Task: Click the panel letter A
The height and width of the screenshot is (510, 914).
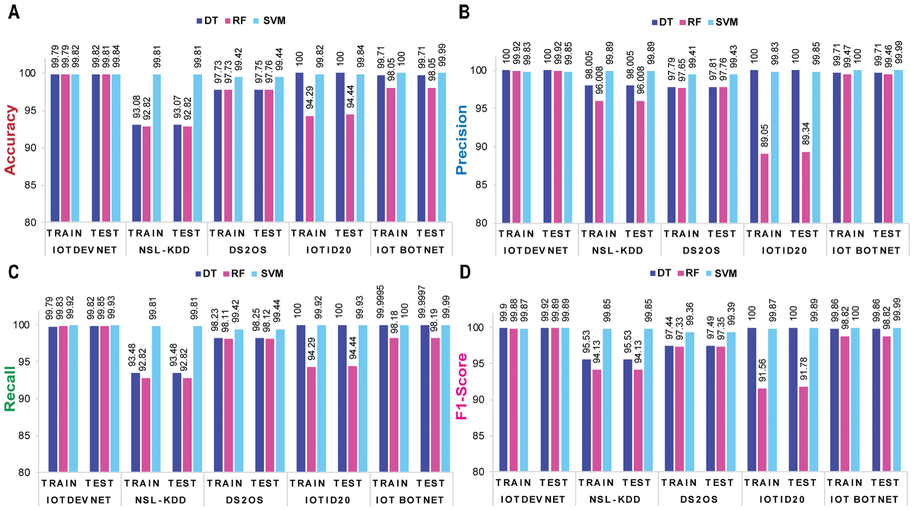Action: (14, 12)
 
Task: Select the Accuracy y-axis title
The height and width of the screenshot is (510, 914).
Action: (10, 140)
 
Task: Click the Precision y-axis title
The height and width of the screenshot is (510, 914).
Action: (462, 140)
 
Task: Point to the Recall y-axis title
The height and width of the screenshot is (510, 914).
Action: (10, 388)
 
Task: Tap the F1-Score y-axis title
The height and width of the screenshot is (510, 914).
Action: (462, 386)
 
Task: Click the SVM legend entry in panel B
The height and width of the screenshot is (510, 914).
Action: (723, 22)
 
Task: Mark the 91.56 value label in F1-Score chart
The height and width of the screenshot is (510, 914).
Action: (762, 371)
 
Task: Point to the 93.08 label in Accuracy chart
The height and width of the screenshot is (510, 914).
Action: (137, 107)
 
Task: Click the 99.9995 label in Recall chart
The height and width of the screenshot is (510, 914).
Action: (381, 302)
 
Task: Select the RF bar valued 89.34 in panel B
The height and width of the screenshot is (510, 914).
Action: (806, 187)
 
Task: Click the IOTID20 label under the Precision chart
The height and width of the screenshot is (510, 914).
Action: (784, 251)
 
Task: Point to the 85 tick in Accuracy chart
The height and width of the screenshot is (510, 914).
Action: (30, 185)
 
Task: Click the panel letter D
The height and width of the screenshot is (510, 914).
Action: (465, 272)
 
